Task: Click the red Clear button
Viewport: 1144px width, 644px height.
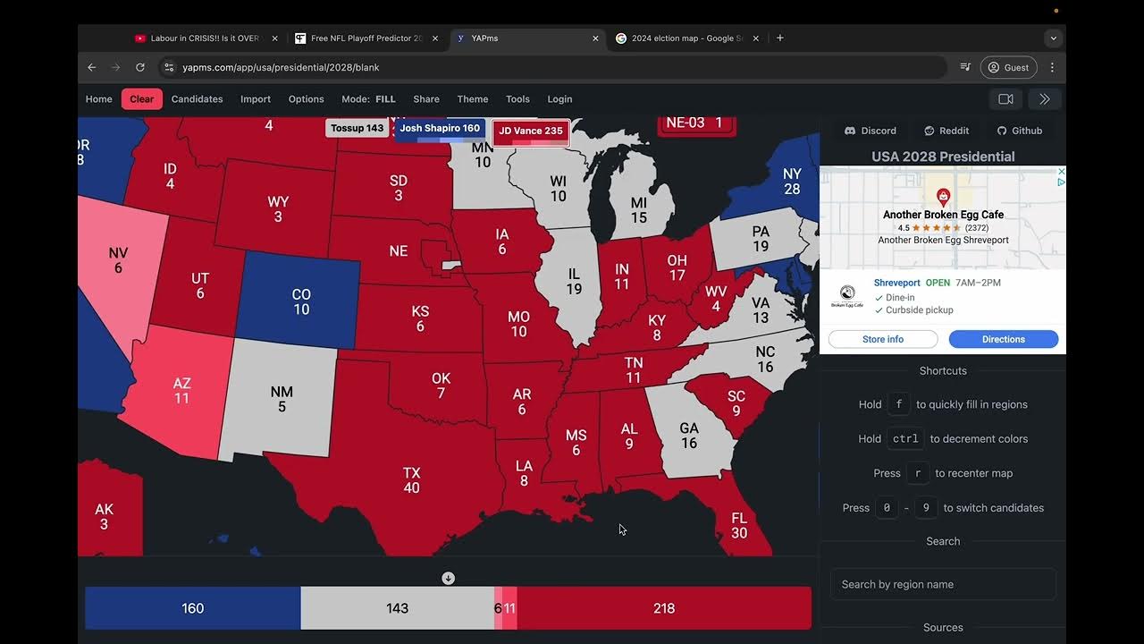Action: pyautogui.click(x=141, y=99)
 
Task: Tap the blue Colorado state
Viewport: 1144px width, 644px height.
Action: pyautogui.click(x=301, y=301)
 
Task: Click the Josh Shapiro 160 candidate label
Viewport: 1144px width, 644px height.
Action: pyautogui.click(x=440, y=129)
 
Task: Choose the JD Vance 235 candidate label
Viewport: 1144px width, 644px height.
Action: pyautogui.click(x=531, y=131)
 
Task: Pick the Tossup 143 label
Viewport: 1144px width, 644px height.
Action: pyautogui.click(x=357, y=129)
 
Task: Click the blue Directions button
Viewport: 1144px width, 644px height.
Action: pyautogui.click(x=1003, y=339)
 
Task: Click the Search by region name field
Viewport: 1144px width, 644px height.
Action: pyautogui.click(x=943, y=584)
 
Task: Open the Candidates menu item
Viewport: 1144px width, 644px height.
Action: pyautogui.click(x=197, y=99)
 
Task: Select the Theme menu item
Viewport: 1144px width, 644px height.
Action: pyautogui.click(x=472, y=99)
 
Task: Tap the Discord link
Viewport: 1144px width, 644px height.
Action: pyautogui.click(x=871, y=131)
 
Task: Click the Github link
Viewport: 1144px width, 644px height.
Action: pyautogui.click(x=1020, y=131)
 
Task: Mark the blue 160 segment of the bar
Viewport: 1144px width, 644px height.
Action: pyautogui.click(x=193, y=608)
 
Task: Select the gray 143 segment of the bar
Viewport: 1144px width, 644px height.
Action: pyautogui.click(x=397, y=608)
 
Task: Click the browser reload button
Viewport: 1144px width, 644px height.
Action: pyautogui.click(x=140, y=67)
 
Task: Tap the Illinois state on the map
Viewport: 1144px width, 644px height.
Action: pyautogui.click(x=572, y=282)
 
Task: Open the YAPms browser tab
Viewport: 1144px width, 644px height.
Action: pyautogui.click(x=527, y=38)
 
